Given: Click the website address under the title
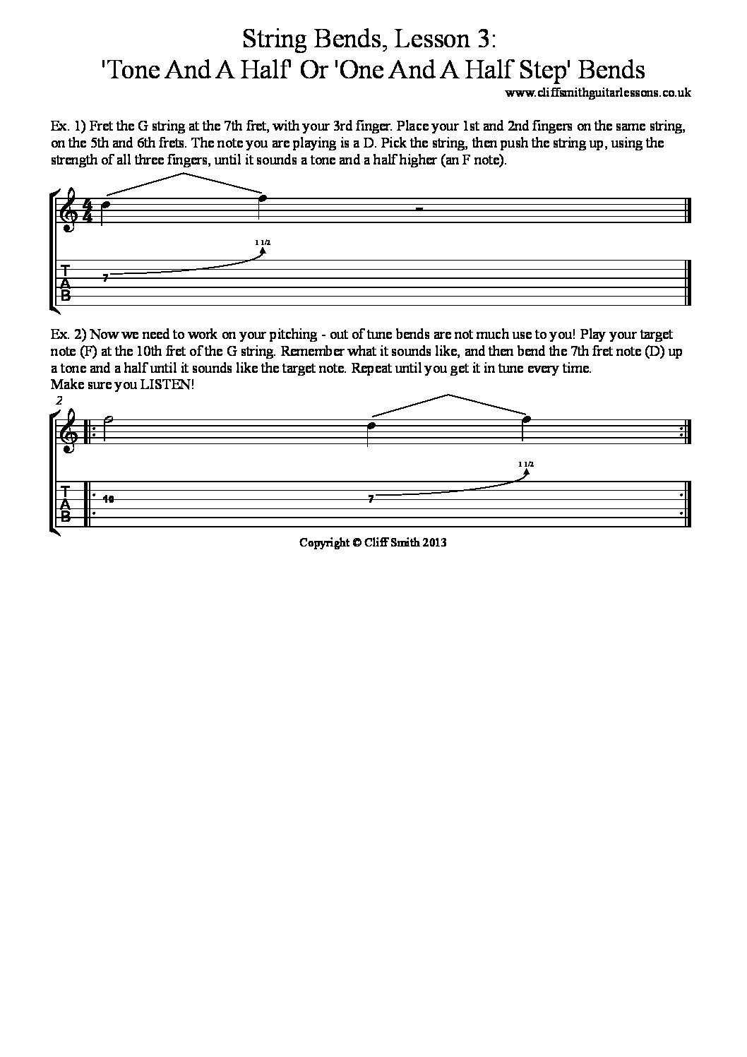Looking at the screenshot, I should [598, 92].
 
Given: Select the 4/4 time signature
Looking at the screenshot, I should [88, 210].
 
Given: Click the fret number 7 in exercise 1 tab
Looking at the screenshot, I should [105, 279].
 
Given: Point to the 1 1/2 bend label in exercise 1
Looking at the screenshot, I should [263, 242].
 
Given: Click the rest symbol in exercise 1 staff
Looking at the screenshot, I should [419, 209].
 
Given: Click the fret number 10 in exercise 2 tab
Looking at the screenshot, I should [108, 499].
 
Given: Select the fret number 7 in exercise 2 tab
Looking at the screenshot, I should [371, 499].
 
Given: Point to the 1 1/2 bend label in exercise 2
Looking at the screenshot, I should [525, 463].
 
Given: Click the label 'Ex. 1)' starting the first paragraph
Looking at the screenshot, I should [68, 128].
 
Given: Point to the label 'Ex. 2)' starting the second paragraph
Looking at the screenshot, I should [68, 335].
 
